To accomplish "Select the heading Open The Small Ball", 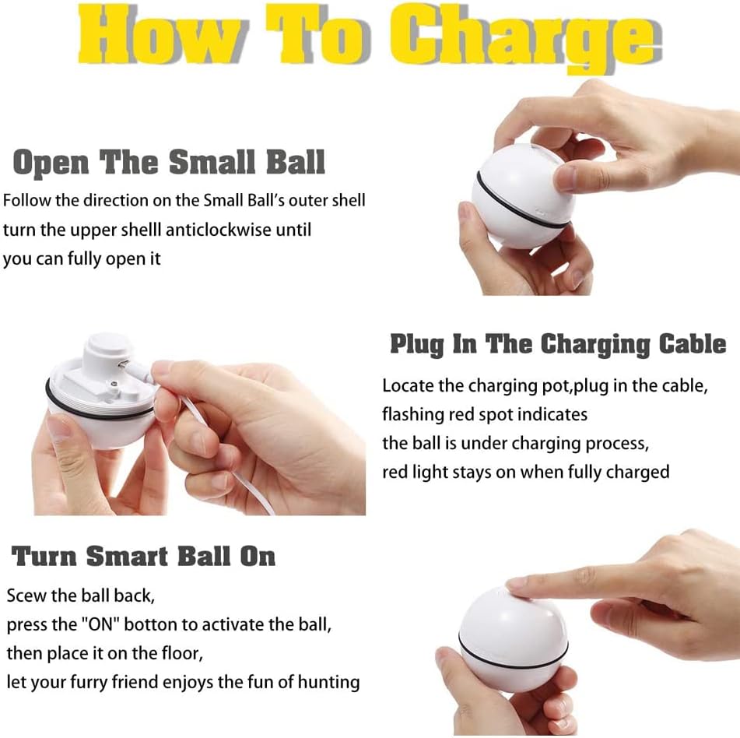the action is (169, 162).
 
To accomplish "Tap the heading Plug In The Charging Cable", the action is (558, 344).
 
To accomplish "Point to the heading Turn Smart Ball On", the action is (143, 556).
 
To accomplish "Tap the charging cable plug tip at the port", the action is (125, 364).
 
